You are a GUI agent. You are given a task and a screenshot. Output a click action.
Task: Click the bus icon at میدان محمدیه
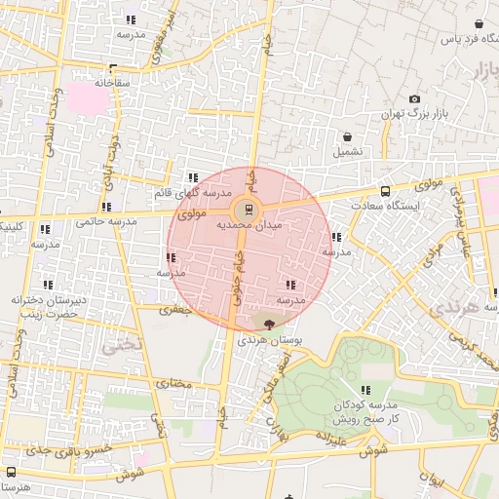tap(248, 209)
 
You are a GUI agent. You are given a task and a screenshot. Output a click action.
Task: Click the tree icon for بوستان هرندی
tap(269, 323)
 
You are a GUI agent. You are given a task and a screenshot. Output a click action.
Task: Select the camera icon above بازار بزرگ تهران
tap(415, 98)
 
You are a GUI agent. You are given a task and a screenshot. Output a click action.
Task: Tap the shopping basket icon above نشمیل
tap(347, 136)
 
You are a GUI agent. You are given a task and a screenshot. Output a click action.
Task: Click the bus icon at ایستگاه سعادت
tap(386, 191)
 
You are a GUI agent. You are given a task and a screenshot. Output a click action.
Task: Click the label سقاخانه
tap(113, 83)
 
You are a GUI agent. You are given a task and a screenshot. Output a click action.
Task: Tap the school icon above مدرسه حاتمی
tap(106, 207)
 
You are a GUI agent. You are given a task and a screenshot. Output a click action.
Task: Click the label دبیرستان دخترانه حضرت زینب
tap(44, 307)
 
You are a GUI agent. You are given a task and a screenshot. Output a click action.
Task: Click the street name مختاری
tap(174, 383)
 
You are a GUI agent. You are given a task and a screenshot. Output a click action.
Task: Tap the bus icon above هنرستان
tap(11, 472)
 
